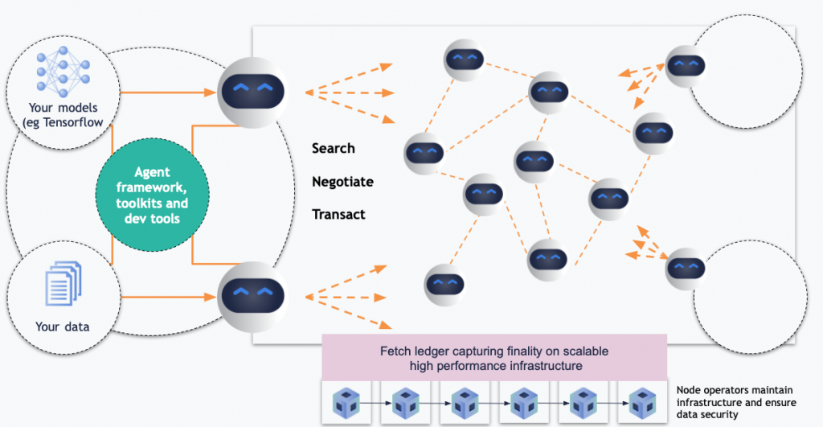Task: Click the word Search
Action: click(333, 149)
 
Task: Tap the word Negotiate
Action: click(342, 182)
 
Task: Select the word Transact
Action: click(338, 215)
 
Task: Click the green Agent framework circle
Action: click(152, 194)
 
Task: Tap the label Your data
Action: click(63, 326)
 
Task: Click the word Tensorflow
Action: click(83, 121)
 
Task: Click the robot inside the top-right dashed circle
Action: click(686, 64)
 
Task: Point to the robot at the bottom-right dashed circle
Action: click(686, 267)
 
